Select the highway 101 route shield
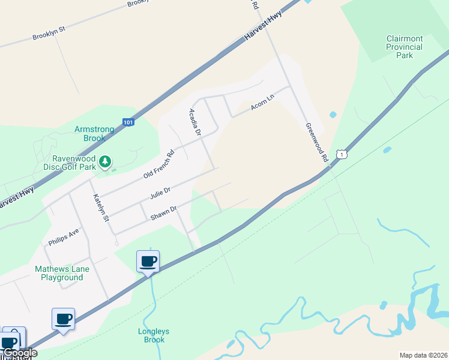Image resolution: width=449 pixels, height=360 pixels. (x=128, y=122)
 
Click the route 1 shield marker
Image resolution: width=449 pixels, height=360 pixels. (x=342, y=154)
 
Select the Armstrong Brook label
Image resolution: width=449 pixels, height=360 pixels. (x=90, y=134)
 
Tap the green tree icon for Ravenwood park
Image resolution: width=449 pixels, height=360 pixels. (x=105, y=161)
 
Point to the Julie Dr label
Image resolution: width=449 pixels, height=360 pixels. (x=160, y=193)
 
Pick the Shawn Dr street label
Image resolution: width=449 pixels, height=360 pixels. (x=163, y=213)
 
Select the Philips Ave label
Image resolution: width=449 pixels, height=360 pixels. (x=64, y=236)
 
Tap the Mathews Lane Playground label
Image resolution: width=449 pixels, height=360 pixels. (x=62, y=273)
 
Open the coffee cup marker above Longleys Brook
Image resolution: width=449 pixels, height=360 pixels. (x=148, y=262)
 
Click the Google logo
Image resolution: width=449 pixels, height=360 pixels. (x=20, y=353)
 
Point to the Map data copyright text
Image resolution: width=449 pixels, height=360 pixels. (x=423, y=355)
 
